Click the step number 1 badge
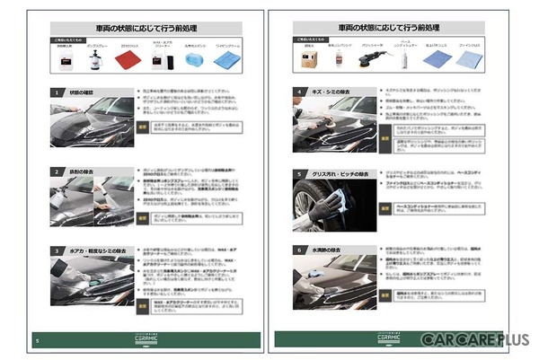(56, 92)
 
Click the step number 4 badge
(300, 92)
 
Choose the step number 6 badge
(300, 248)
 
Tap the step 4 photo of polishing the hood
(327, 126)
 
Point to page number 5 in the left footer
(37, 340)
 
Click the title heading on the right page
(389, 28)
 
